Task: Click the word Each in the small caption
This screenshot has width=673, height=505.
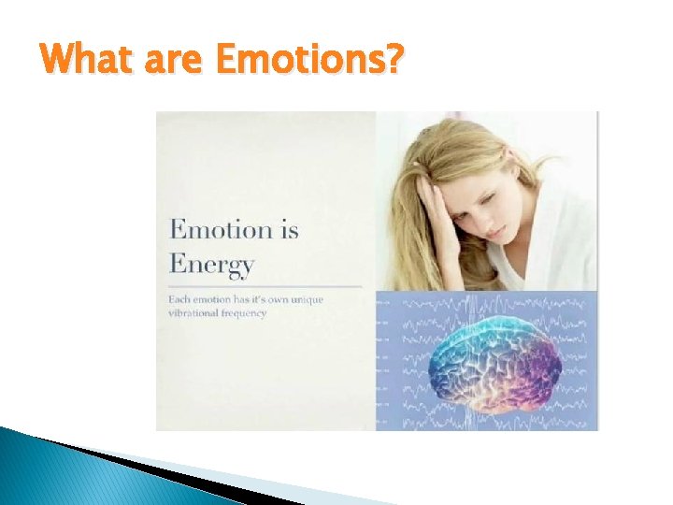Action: pyautogui.click(x=179, y=299)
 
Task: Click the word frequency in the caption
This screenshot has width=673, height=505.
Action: pyautogui.click(x=248, y=313)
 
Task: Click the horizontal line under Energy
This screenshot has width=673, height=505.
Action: pyautogui.click(x=265, y=285)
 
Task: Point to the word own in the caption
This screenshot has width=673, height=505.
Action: pyautogui.click(x=295, y=299)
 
